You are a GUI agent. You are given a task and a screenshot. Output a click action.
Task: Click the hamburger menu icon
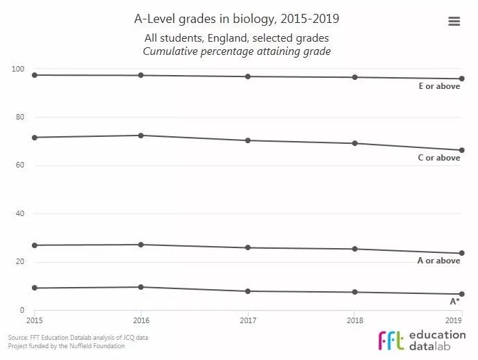point(454,22)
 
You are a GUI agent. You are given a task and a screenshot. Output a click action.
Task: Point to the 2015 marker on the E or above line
point(34,74)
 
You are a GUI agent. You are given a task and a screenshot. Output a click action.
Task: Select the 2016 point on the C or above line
point(141,136)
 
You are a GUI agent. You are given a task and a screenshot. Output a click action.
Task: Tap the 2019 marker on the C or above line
point(461,150)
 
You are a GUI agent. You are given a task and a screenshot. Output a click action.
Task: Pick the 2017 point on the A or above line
point(248,247)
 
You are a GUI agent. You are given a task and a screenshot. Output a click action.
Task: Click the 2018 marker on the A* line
point(354,292)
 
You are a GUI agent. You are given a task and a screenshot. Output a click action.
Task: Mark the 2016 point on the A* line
point(141,287)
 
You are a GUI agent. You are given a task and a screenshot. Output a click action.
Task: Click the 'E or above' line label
point(438,87)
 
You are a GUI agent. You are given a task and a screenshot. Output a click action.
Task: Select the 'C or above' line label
point(438,158)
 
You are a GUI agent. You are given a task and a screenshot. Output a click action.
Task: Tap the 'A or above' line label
point(438,261)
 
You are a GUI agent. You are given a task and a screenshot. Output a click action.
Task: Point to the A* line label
point(454,301)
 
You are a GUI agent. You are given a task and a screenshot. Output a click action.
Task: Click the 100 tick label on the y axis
point(18,69)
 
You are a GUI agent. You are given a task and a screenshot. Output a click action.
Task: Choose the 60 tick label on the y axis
point(20,165)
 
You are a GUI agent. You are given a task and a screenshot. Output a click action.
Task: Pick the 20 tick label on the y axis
point(20,262)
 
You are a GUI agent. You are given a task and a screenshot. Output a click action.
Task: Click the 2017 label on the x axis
point(248,320)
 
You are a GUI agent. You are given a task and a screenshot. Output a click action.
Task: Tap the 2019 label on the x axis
point(453,320)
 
